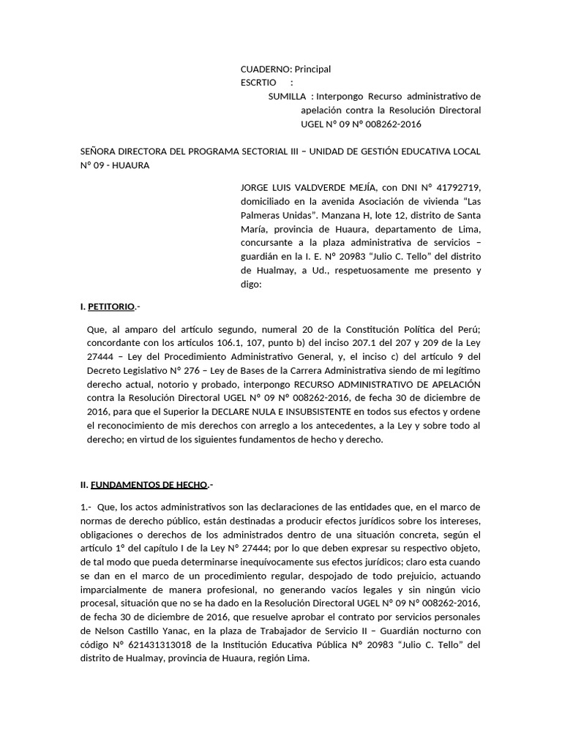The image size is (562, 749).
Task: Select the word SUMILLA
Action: pyautogui.click(x=287, y=97)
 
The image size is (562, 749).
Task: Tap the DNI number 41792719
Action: pyautogui.click(x=457, y=188)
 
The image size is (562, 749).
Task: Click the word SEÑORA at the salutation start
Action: pyautogui.click(x=100, y=151)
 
